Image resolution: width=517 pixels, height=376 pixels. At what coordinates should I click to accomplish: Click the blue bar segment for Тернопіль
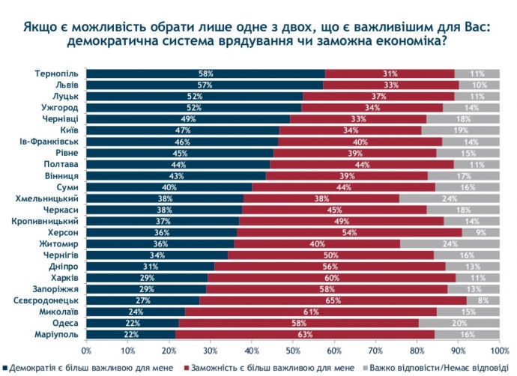tap(206, 73)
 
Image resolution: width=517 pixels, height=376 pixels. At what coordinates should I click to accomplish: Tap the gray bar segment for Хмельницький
tap(450, 199)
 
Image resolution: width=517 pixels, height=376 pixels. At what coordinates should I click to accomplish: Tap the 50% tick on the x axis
tap(293, 350)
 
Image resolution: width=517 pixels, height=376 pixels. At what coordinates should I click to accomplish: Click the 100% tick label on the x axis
tap(498, 350)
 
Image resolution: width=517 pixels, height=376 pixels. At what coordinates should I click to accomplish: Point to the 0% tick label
tap(86, 350)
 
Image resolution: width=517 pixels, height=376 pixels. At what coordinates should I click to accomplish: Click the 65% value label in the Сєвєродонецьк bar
tap(336, 300)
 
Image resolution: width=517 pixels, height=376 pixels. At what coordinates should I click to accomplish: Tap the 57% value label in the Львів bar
tap(205, 85)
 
